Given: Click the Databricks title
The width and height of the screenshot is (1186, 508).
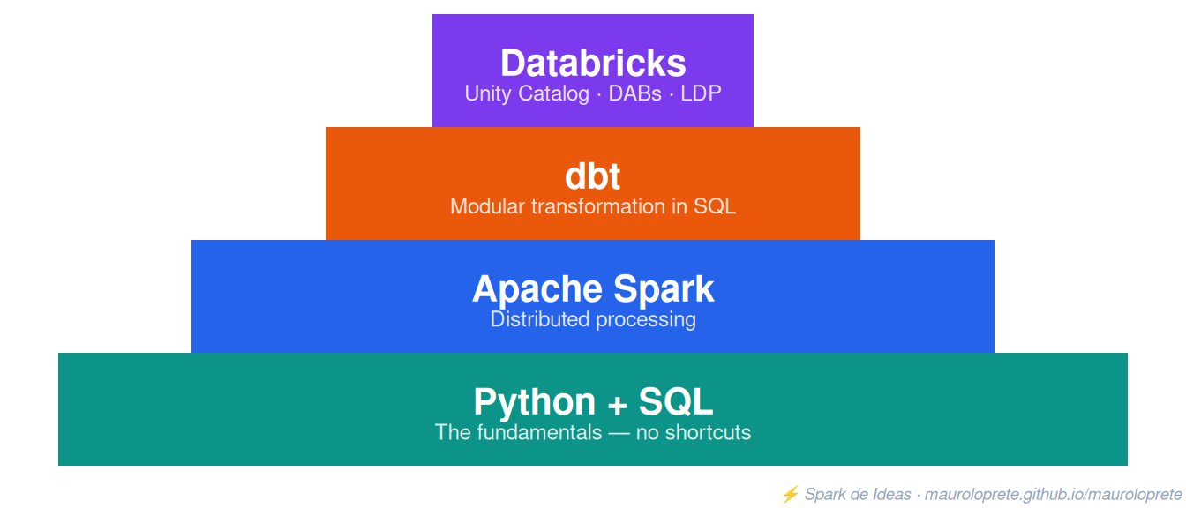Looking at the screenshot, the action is (x=593, y=63).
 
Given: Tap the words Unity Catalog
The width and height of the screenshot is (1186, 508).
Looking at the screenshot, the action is (x=527, y=93).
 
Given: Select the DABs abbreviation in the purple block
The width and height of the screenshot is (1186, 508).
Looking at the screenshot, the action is (x=634, y=93).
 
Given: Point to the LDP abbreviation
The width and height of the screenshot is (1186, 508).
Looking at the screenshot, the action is (x=701, y=93).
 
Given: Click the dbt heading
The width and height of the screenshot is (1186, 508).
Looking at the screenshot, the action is (x=592, y=176).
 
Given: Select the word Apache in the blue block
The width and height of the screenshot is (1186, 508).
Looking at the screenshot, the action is (x=537, y=289).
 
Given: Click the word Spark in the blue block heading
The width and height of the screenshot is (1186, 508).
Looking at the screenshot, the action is (x=664, y=289).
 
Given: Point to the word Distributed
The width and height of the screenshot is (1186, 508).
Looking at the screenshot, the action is (x=539, y=319).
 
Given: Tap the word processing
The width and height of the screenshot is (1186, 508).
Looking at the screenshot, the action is (x=646, y=320).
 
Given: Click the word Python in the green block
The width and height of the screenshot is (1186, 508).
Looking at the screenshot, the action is (x=535, y=403).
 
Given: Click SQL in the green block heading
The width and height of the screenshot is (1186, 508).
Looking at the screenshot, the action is (x=676, y=401).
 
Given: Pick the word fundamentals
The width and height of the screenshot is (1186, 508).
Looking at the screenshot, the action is (x=539, y=432).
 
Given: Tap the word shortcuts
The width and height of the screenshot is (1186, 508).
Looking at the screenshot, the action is (x=708, y=432).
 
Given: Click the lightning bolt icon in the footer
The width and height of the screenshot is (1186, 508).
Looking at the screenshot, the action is (x=791, y=494).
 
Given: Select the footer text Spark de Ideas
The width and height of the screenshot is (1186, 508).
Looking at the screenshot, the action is (x=858, y=494).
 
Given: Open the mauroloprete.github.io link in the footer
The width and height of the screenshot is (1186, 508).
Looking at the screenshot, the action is (x=1053, y=495).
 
